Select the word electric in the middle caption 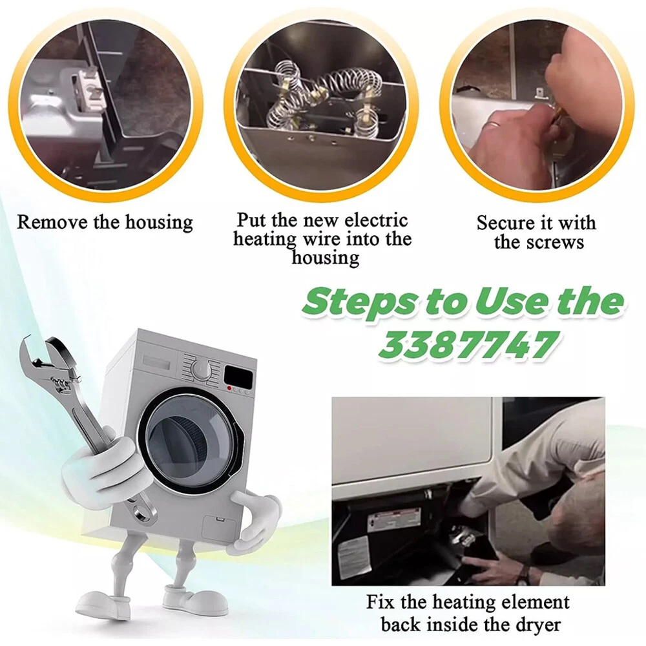coord(375,220)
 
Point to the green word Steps coord(359,302)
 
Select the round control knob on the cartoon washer coord(202,370)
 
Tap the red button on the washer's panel coord(229,388)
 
